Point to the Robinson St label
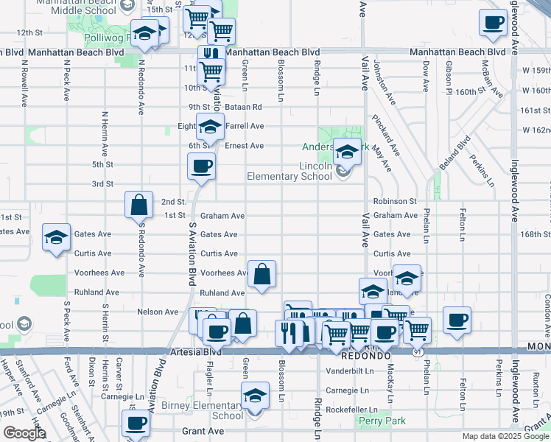point(395,201)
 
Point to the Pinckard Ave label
point(385,136)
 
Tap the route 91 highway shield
point(417,353)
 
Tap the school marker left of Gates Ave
point(56,237)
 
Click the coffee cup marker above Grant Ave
point(136,424)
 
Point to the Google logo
point(24,433)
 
